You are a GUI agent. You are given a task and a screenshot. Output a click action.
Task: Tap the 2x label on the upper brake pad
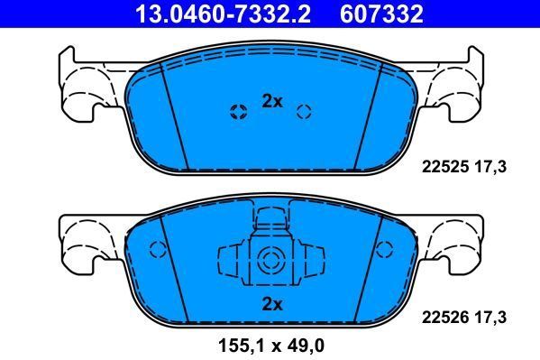coord(271,102)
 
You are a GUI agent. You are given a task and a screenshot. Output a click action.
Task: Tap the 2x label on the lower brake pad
coord(271,303)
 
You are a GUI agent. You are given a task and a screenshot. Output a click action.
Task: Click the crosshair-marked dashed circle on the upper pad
coord(239,112)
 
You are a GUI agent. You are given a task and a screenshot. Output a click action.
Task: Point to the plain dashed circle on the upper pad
coord(305,112)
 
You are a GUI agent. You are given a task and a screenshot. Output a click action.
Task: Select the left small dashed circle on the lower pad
coord(157,251)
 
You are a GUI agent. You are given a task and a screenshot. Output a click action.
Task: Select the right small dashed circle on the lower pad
coord(385,251)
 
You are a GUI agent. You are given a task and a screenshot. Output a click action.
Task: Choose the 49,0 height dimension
coord(306,344)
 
